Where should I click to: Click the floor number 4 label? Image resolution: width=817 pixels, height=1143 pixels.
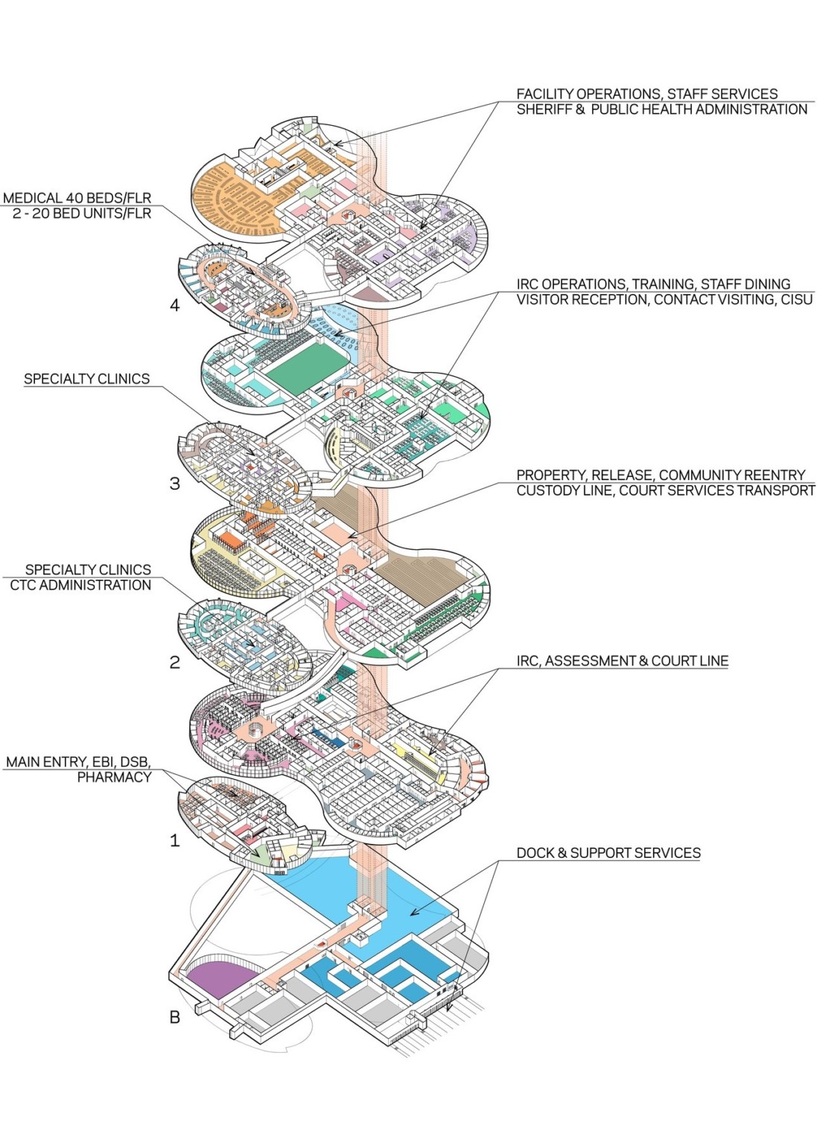click(x=174, y=305)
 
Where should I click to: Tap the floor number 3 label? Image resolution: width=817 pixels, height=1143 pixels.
click(x=174, y=484)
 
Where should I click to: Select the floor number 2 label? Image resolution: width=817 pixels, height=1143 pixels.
click(x=174, y=662)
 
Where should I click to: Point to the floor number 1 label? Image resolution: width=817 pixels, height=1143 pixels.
click(x=174, y=841)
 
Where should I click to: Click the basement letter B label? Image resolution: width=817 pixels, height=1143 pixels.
click(x=174, y=1017)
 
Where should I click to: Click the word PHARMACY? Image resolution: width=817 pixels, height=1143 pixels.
click(x=114, y=778)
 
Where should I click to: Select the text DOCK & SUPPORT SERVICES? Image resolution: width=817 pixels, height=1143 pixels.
click(x=608, y=853)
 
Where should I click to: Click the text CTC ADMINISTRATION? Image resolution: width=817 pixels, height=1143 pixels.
click(x=80, y=586)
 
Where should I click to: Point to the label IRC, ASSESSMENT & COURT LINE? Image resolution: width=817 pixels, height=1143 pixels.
click(x=622, y=661)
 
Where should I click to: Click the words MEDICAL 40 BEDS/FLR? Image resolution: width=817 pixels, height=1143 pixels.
click(x=77, y=198)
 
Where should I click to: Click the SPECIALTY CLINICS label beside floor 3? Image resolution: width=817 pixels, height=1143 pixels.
click(x=86, y=379)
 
